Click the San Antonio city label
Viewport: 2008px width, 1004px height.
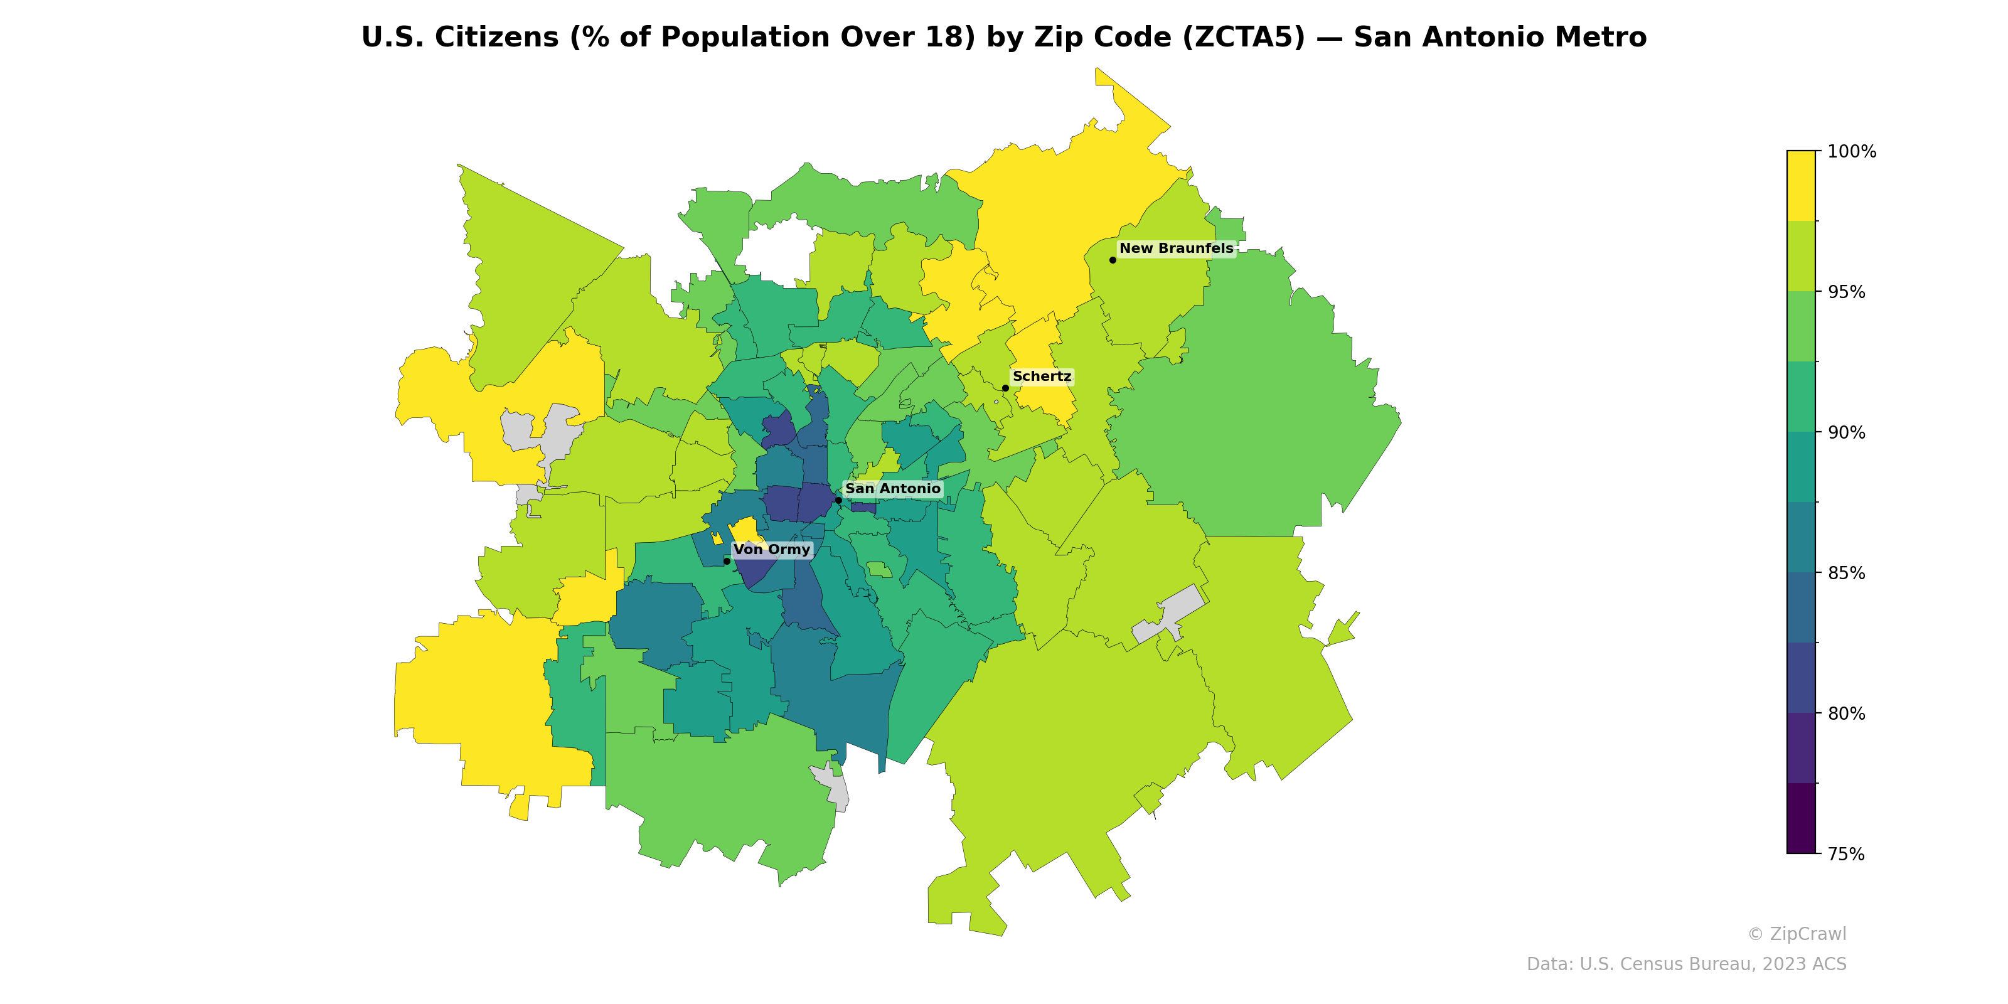(892, 489)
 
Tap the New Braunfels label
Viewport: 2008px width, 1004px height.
(1177, 248)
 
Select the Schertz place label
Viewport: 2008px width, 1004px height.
(1042, 376)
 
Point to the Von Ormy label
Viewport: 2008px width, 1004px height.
(772, 550)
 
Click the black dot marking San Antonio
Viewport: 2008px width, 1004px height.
(838, 499)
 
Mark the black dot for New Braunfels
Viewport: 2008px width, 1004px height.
(1113, 260)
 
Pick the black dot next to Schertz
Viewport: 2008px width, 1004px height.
(1005, 387)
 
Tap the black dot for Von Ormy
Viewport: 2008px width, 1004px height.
(727, 560)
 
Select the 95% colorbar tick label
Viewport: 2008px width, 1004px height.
(1847, 292)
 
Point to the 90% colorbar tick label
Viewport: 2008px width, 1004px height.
(1847, 432)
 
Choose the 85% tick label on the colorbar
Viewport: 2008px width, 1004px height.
(1847, 573)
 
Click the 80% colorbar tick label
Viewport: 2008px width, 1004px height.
(1847, 713)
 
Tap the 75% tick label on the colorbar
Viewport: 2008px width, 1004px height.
(1847, 853)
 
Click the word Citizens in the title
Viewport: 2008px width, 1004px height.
(495, 38)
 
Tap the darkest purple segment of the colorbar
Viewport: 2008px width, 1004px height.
(1801, 818)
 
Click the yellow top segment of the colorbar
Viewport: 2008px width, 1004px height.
(1801, 186)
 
